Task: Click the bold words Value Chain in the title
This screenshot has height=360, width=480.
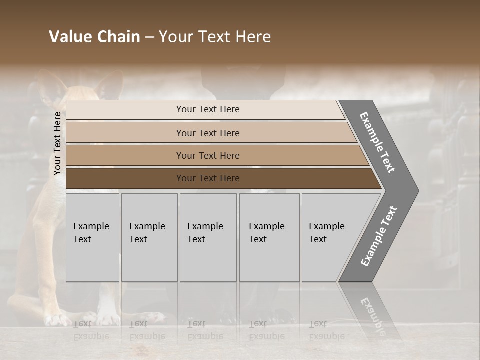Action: coord(94,37)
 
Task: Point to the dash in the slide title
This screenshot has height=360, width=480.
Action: coord(149,37)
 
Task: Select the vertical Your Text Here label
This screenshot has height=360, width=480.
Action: coord(57,143)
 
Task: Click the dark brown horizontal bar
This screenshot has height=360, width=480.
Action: coord(125,178)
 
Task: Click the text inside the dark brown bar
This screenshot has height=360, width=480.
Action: coord(208,178)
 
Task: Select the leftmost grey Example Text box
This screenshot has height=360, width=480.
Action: coord(92,237)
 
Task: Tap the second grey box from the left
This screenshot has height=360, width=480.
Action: coord(149,237)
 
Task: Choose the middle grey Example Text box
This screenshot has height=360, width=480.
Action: coord(208,237)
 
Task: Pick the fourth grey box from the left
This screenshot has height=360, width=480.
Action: coord(269,237)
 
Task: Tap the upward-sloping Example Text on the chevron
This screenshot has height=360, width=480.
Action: coord(378,236)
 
